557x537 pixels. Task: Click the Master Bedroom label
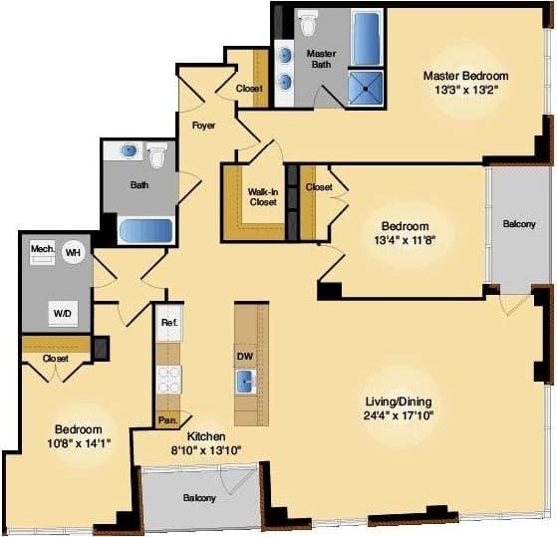(x=465, y=76)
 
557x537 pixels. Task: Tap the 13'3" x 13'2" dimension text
(x=465, y=90)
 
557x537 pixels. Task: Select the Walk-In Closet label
(x=263, y=195)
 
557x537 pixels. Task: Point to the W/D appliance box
(x=63, y=313)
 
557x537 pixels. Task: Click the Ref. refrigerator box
(x=167, y=324)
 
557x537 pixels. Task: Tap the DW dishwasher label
(x=244, y=356)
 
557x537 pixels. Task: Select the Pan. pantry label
(x=167, y=420)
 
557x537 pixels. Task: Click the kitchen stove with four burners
(x=167, y=379)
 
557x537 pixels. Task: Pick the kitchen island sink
(x=245, y=381)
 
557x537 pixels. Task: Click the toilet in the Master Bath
(x=308, y=21)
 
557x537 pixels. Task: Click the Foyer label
(x=204, y=126)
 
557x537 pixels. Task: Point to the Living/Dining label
(x=399, y=402)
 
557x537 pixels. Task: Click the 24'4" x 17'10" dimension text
(x=399, y=415)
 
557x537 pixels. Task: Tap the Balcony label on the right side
(x=516, y=225)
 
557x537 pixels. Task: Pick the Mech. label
(x=42, y=247)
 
